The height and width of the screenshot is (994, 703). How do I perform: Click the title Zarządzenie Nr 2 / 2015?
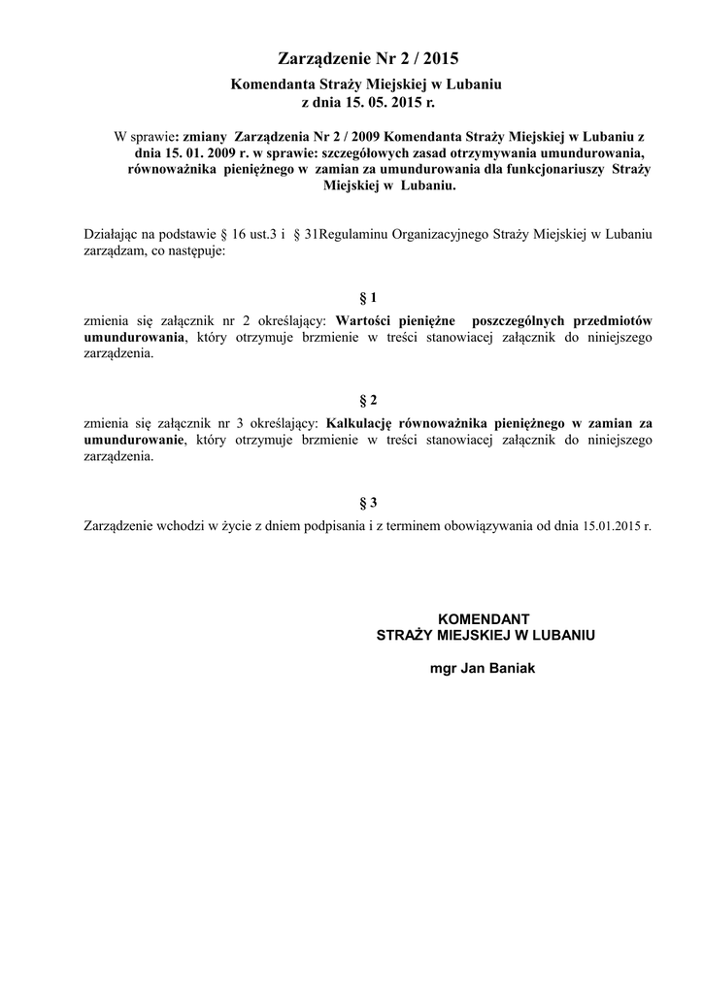351,59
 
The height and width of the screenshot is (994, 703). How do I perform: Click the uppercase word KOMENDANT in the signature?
485,618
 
